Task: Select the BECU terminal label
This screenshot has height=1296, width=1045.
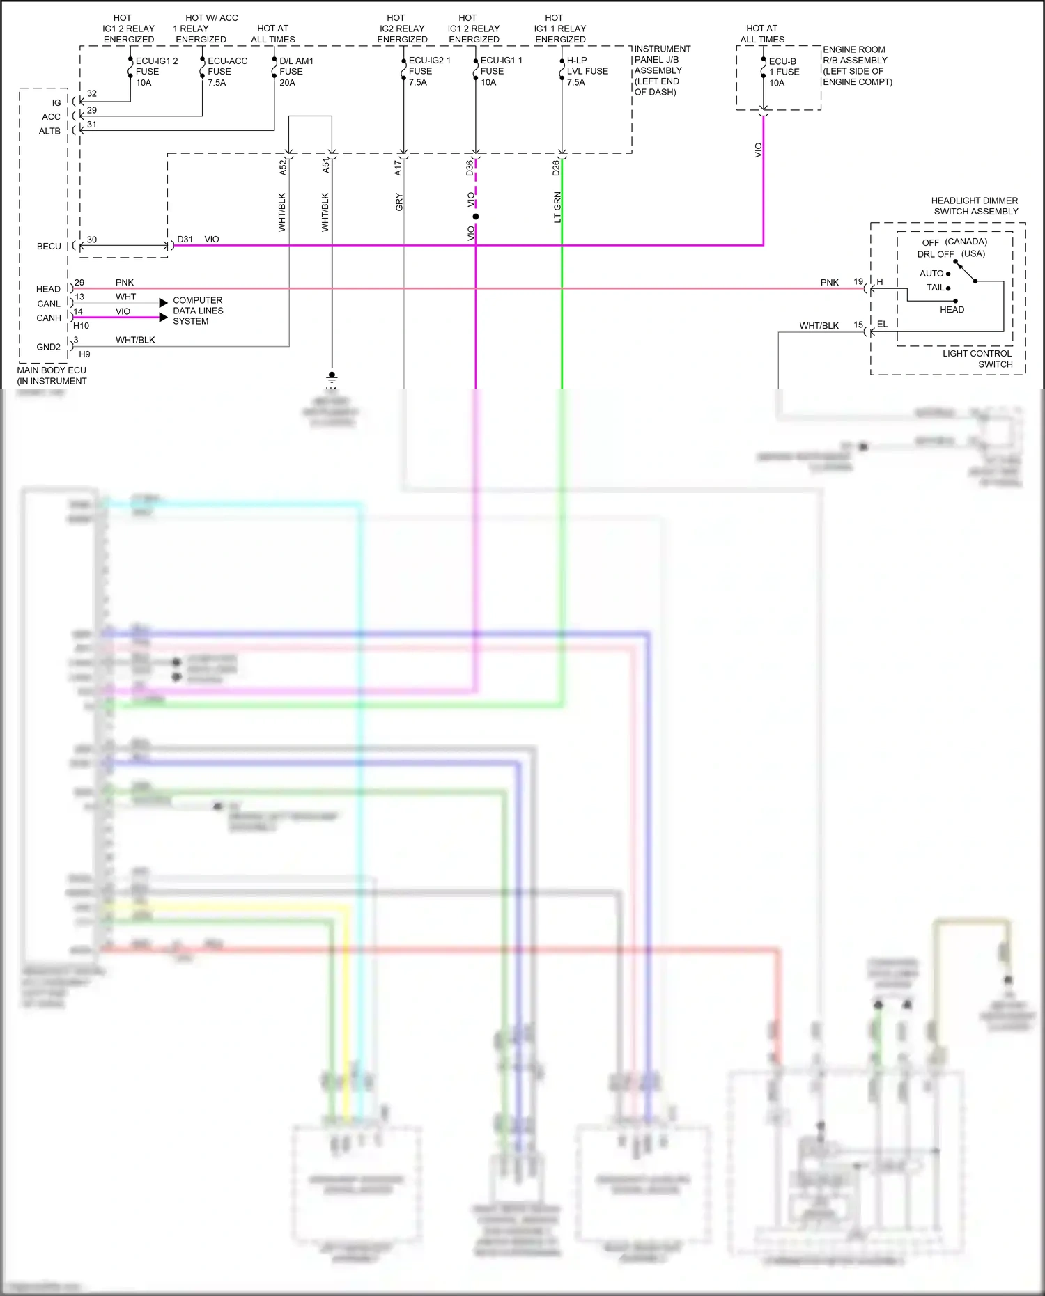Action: tap(49, 247)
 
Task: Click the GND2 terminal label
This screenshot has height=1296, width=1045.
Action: tap(48, 347)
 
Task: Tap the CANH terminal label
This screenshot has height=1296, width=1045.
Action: tap(49, 318)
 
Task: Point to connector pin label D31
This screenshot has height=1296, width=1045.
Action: tap(185, 240)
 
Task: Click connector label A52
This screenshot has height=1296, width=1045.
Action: tap(283, 167)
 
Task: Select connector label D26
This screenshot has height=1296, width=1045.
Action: tap(556, 168)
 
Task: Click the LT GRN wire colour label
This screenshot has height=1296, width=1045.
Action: tap(557, 208)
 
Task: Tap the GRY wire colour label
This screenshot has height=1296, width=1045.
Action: tap(399, 203)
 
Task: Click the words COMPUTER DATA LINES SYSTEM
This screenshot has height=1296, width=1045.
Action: tap(198, 311)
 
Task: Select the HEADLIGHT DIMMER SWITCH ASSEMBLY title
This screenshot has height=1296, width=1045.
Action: tap(975, 206)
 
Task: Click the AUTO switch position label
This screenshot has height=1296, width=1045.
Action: tap(931, 274)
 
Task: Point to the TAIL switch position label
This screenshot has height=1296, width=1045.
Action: tap(935, 288)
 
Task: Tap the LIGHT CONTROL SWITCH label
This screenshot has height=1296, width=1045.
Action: tap(977, 359)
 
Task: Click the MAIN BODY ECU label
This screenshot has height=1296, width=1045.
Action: tap(52, 375)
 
